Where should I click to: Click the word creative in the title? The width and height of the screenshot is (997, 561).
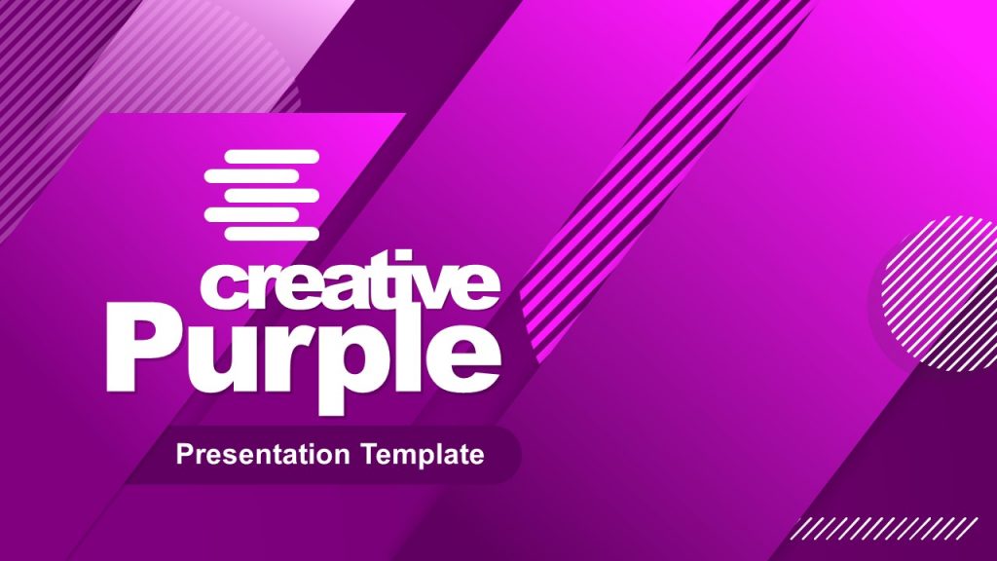(351, 282)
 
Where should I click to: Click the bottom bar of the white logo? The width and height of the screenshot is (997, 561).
(272, 234)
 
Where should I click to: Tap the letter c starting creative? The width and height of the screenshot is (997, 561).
(220, 286)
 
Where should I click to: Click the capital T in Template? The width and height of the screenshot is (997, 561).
(367, 454)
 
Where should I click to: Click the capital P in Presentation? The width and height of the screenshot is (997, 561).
(182, 454)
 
